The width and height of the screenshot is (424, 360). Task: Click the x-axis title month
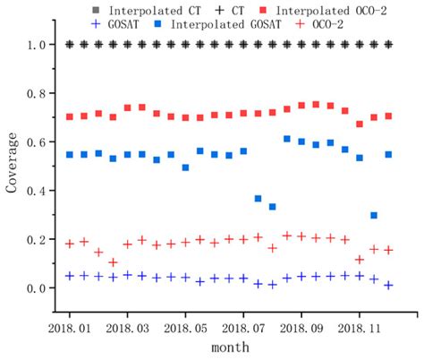tap(230, 347)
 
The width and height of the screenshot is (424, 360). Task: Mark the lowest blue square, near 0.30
tap(374, 216)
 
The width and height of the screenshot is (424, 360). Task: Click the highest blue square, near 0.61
tap(286, 139)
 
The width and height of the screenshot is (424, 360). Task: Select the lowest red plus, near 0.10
tap(113, 262)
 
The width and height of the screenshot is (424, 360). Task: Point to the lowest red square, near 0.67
tap(360, 124)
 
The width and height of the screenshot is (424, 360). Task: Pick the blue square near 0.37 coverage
tap(258, 199)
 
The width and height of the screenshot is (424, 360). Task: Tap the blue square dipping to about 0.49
tap(185, 167)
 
